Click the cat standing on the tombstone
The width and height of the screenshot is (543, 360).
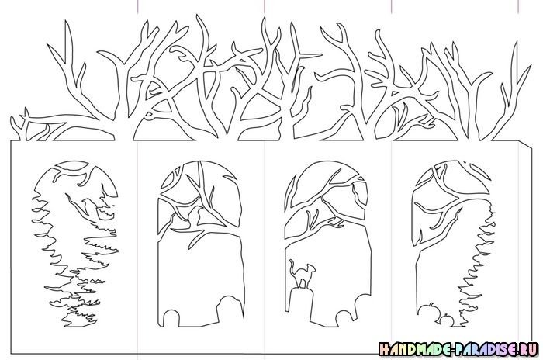coord(302,275)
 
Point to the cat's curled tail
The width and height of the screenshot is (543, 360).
coord(292,265)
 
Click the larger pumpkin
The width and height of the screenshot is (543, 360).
coord(427,311)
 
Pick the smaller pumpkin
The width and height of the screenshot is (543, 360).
coord(446,320)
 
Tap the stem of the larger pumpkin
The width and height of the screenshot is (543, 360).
coord(431,305)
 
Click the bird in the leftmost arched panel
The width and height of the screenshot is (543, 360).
coord(87,206)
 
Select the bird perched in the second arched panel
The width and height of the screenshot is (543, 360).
coord(194,216)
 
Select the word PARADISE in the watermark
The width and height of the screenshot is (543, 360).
coord(488,349)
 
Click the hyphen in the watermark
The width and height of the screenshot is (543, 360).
coord(454,350)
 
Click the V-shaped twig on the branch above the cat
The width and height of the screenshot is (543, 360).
coord(312,219)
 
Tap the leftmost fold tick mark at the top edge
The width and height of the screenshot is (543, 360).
coord(138,6)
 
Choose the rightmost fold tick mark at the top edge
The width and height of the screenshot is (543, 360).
coord(518,6)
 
